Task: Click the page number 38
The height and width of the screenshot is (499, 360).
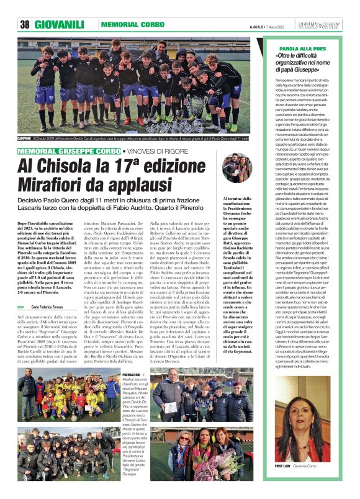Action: [25, 24]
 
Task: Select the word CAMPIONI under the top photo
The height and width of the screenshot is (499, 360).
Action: [25, 138]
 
